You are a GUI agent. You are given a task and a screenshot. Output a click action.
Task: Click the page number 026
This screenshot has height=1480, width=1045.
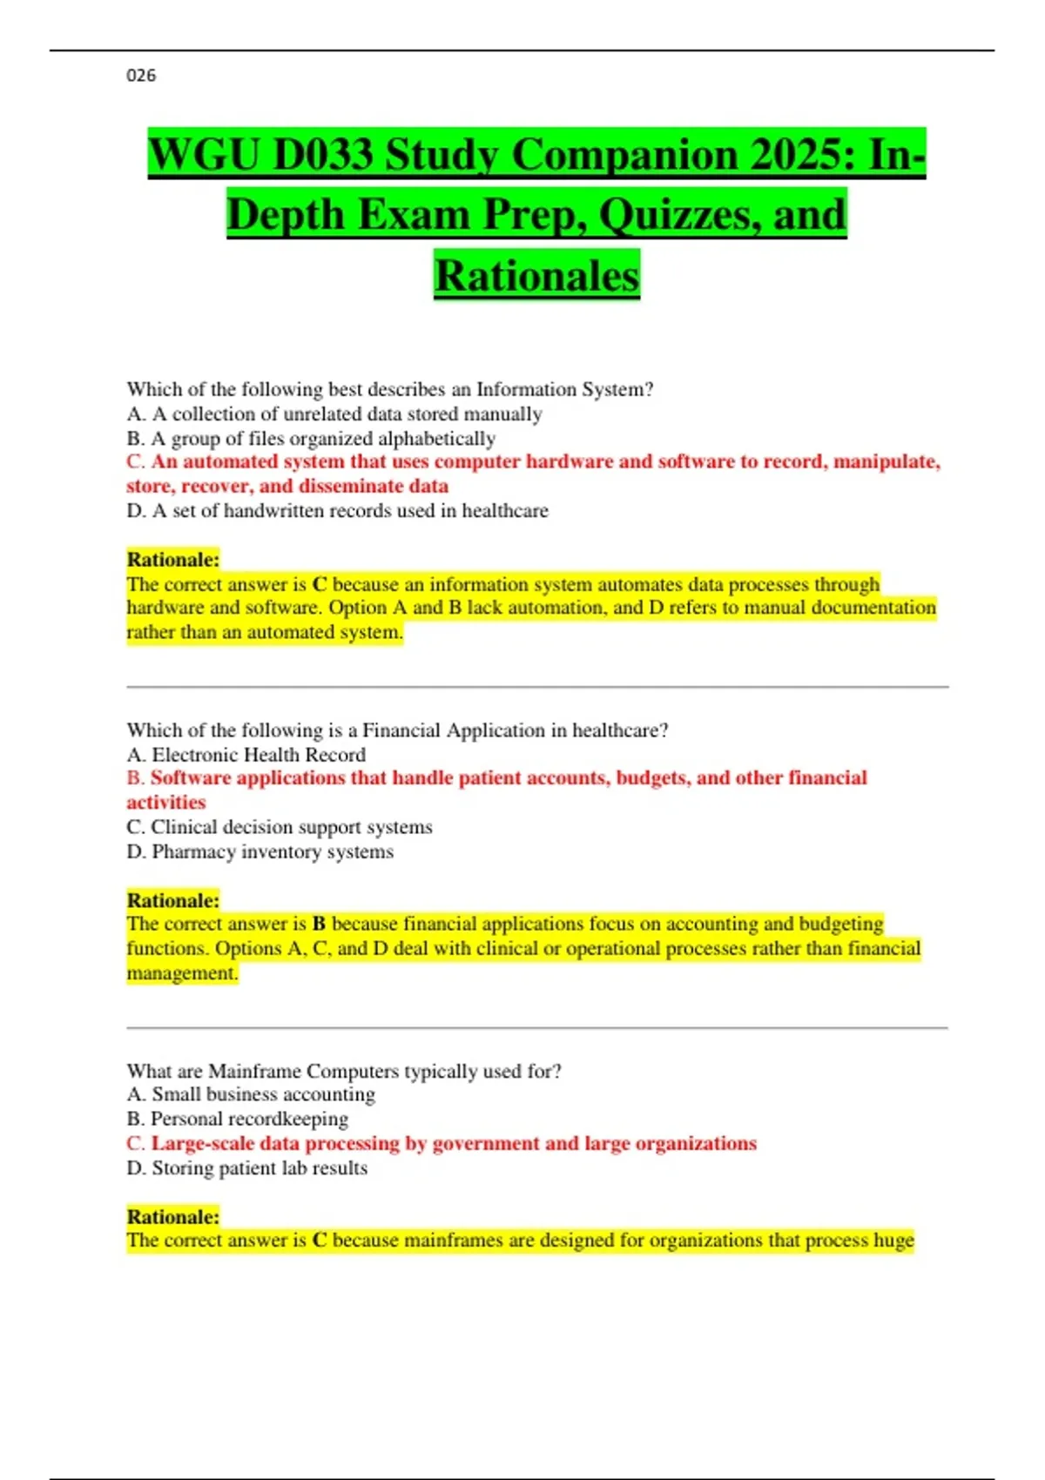point(141,76)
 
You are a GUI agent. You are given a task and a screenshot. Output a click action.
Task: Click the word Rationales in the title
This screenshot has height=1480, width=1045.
point(536,276)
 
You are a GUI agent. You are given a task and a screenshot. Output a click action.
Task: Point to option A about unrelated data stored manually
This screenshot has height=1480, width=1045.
point(334,414)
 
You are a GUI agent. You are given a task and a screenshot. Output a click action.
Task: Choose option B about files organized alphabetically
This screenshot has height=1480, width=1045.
point(311,438)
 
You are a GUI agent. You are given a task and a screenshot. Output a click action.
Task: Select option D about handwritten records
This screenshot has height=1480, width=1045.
point(337,511)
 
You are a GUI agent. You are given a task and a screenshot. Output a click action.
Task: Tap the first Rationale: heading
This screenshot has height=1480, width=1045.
point(172,559)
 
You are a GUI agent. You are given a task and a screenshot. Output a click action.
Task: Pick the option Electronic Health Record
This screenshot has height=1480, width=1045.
point(246,755)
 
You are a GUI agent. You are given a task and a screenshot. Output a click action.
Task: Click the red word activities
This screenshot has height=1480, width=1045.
point(166,803)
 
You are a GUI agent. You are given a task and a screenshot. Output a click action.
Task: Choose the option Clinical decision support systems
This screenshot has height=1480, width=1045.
point(279,827)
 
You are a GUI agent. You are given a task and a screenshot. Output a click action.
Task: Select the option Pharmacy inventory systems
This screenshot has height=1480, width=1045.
point(260,851)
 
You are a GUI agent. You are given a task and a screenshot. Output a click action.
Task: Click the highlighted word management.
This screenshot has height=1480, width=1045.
point(182,973)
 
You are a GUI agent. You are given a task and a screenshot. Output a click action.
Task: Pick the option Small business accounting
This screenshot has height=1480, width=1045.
point(251,1094)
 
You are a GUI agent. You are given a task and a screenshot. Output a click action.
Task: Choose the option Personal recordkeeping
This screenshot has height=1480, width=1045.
point(237,1119)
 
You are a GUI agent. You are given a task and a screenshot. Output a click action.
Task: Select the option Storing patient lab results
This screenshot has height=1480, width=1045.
point(246,1168)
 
